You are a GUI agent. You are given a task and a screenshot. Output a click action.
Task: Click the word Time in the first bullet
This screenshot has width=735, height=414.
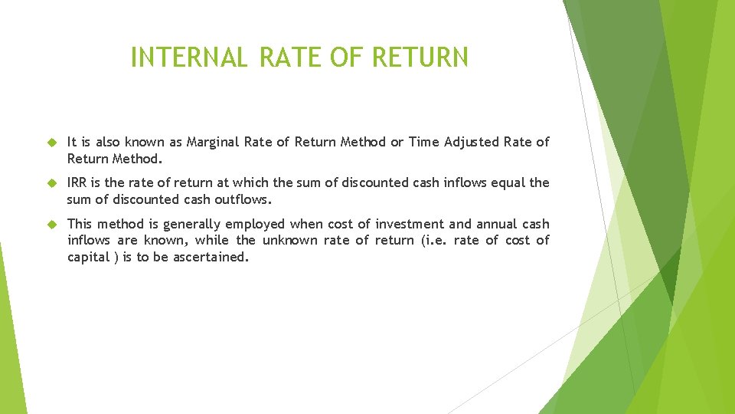423,142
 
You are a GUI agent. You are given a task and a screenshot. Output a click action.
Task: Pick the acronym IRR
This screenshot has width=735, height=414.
77,183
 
